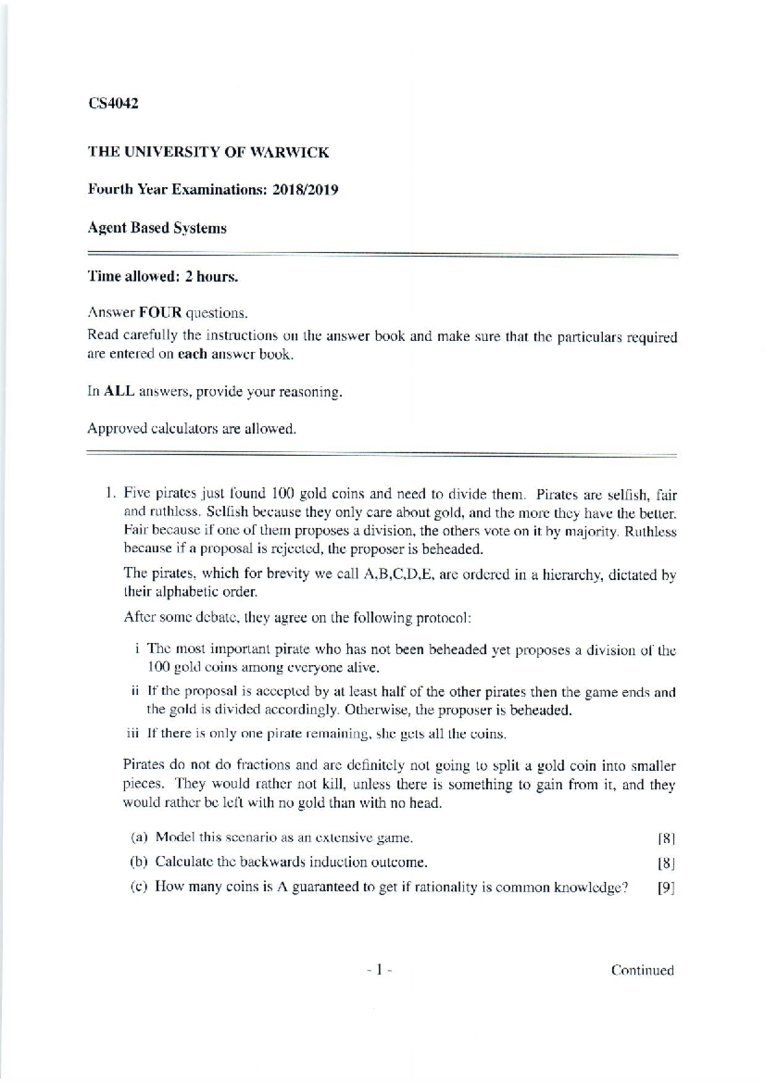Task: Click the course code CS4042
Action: point(113,103)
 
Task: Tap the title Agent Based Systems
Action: point(157,228)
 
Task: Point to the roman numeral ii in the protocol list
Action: point(135,691)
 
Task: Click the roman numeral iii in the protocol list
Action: point(133,733)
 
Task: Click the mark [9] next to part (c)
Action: point(666,888)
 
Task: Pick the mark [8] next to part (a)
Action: point(666,837)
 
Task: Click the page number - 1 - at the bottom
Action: point(380,970)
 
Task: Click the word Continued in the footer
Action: point(642,970)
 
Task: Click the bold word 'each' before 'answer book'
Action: point(193,355)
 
